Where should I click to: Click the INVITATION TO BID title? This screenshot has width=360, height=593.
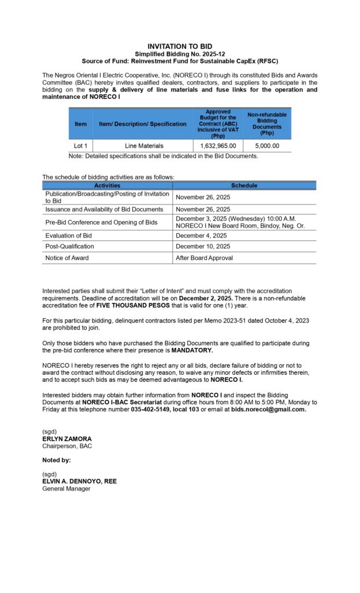click(x=179, y=46)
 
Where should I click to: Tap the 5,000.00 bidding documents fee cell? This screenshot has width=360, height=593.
click(x=267, y=146)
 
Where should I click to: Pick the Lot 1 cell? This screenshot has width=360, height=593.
click(x=80, y=146)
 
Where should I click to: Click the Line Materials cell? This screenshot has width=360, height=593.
click(x=144, y=146)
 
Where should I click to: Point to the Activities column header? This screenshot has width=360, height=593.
click(x=107, y=185)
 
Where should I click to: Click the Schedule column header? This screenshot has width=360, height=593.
click(x=244, y=185)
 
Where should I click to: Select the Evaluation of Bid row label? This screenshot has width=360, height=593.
click(x=68, y=236)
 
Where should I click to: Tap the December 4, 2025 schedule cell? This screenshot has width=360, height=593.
click(x=201, y=236)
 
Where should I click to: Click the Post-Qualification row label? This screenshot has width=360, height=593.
click(x=69, y=247)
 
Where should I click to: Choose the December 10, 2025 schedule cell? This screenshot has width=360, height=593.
click(x=203, y=247)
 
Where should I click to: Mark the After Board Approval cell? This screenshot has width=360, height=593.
click(x=204, y=258)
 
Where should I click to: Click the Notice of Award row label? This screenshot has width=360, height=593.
click(x=67, y=258)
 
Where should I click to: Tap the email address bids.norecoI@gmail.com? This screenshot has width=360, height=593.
click(x=268, y=409)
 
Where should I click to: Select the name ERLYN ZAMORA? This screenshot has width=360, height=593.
click(x=67, y=439)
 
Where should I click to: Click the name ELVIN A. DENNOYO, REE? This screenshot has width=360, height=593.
click(x=79, y=481)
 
